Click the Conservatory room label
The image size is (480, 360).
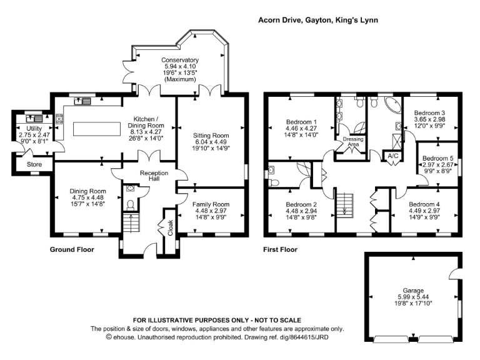coord(180,60)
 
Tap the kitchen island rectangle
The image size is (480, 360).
coord(97,129)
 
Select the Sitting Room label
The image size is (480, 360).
coord(211,135)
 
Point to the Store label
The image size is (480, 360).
coord(34,164)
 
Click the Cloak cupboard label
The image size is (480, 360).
coord(170,227)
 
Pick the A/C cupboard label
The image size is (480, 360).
coord(393,156)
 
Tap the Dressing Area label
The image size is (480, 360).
coord(353,141)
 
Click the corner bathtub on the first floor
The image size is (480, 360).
coord(392,106)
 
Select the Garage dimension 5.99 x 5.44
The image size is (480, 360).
coord(413,297)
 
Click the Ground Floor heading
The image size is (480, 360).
coord(72,249)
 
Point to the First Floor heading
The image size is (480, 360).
coord(281,249)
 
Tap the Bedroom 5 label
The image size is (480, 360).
coord(437,158)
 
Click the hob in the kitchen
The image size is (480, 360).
coord(59,119)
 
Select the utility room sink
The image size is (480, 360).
coord(34,118)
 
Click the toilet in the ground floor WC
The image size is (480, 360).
coord(131,205)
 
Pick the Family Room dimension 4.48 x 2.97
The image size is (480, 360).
coord(211,211)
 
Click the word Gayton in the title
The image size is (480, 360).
coord(318,20)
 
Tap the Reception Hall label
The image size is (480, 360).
coord(154,176)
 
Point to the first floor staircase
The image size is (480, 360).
coord(345,206)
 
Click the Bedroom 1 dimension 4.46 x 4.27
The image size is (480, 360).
coord(301,128)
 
